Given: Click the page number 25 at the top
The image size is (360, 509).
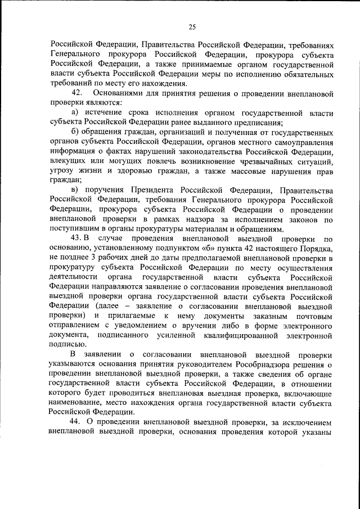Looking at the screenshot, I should pos(192,26).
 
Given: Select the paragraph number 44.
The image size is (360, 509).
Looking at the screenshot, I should pos(75,422).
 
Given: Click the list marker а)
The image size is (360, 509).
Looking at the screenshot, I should pos(75,113).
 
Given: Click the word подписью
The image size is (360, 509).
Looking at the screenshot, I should pos(67,345).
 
